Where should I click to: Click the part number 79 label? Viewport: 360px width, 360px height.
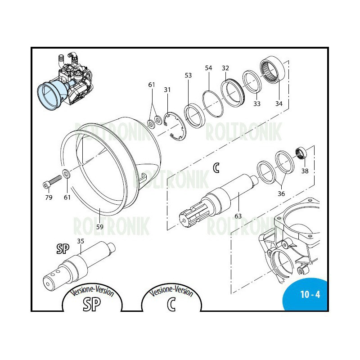[x=49, y=197]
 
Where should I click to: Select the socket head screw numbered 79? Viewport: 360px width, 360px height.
[x=52, y=181]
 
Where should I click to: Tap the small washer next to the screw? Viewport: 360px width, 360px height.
[x=67, y=173]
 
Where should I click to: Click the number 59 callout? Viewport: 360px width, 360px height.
[x=99, y=227]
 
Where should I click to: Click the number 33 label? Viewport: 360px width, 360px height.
[x=256, y=104]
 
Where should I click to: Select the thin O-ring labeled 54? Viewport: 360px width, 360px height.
[x=213, y=103]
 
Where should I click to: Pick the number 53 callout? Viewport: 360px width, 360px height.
[x=188, y=75]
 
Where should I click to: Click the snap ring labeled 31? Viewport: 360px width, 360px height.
[x=175, y=126]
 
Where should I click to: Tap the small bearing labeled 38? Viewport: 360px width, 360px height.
[x=301, y=152]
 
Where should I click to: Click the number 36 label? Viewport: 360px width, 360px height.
[x=281, y=193]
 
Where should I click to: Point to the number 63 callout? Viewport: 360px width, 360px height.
[x=238, y=216]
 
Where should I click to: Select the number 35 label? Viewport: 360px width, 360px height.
[x=81, y=241]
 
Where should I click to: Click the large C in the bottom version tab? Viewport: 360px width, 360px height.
[x=171, y=304]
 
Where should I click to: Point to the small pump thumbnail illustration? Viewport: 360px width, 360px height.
[x=65, y=82]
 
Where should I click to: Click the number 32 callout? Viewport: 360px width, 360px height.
[x=225, y=68]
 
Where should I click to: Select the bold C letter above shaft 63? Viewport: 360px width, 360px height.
[x=216, y=168]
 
